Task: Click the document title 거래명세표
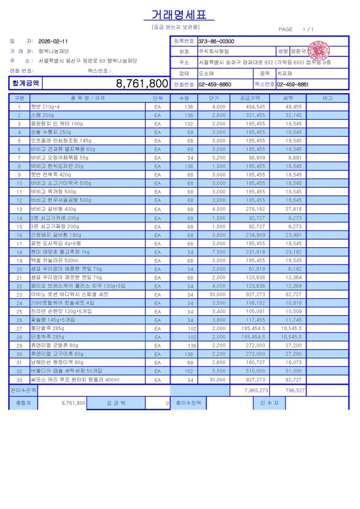179,15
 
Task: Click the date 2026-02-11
53,41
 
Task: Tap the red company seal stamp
319,50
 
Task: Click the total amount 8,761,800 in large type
142,84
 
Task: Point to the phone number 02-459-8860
215,85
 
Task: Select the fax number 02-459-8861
292,85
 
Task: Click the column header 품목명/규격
88,98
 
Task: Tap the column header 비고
327,98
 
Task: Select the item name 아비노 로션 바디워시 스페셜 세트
70,294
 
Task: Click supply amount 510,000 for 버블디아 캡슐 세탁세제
257,371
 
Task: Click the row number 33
19,380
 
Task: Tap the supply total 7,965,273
256,390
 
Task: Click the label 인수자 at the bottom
269,403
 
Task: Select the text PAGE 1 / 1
296,30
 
